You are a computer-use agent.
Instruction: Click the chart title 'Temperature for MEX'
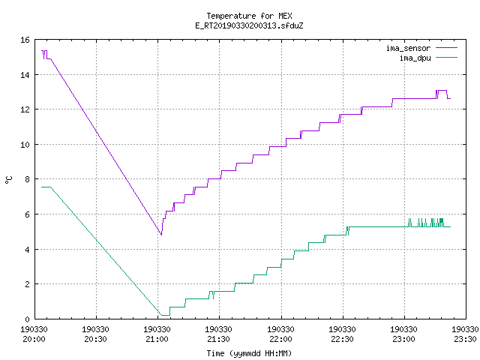tap(249, 16)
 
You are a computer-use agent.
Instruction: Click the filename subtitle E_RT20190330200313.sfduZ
tap(249, 25)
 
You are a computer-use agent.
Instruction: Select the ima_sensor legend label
tap(408, 48)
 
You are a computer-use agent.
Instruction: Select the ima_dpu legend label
tap(415, 58)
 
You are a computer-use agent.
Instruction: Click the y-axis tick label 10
tap(25, 145)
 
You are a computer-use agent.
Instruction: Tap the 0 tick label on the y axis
tap(28, 319)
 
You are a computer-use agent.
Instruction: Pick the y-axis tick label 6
tap(28, 214)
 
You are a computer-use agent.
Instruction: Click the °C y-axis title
tap(8, 180)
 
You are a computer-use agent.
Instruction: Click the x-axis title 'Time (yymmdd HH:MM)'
tap(249, 353)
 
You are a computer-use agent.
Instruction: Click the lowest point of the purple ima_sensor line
tap(161, 235)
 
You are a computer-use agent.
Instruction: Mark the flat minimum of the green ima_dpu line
tap(165, 315)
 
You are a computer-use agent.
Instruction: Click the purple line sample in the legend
tap(446, 48)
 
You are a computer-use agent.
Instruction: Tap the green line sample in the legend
tap(446, 57)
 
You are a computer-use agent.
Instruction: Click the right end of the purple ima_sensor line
tap(450, 98)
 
